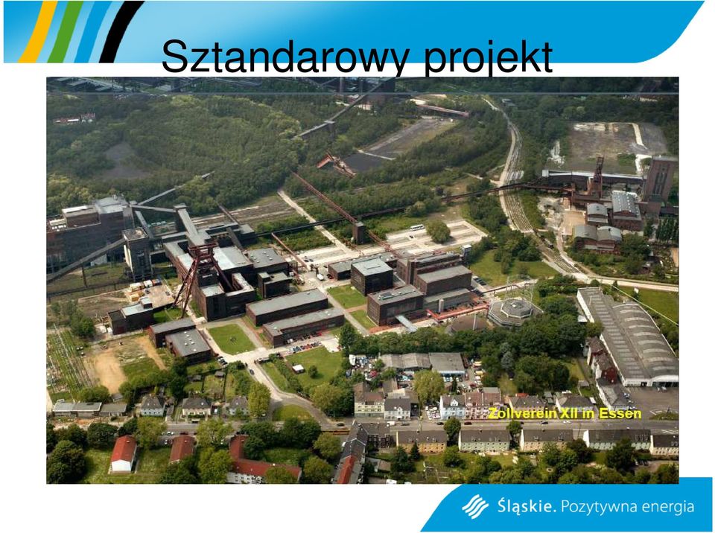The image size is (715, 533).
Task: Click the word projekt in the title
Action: click(489, 57)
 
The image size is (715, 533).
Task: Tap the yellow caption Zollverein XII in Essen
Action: click(565, 414)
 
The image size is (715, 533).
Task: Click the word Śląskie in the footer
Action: click(527, 506)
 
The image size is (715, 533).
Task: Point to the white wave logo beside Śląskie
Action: click(475, 506)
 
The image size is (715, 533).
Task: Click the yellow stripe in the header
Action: click(38, 31)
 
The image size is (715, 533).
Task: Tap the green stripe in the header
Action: click(66, 31)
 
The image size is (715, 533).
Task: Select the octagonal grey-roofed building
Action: click(512, 312)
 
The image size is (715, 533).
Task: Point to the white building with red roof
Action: click(124, 453)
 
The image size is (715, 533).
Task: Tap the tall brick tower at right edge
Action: click(658, 179)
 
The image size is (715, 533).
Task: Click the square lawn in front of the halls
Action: click(232, 338)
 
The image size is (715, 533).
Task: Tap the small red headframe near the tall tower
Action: click(596, 177)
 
